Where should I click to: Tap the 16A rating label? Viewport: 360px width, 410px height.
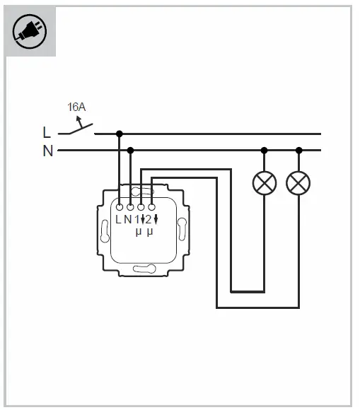pyautogui.click(x=76, y=107)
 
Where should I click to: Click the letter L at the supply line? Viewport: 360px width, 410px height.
pyautogui.click(x=47, y=132)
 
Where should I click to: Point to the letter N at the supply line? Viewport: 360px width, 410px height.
pyautogui.click(x=47, y=151)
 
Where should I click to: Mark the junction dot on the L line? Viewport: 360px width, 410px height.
pyautogui.click(x=119, y=133)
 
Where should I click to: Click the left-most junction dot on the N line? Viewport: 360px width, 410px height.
pyautogui.click(x=130, y=150)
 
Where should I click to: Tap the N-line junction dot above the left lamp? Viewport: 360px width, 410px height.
pyautogui.click(x=265, y=150)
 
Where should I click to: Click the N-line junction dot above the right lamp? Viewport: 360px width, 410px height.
pyautogui.click(x=298, y=150)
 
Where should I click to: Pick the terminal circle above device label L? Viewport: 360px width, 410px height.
pyautogui.click(x=120, y=207)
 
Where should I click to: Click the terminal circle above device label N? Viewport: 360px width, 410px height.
pyautogui.click(x=130, y=207)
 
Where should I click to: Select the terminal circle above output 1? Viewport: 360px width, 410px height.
pyautogui.click(x=141, y=207)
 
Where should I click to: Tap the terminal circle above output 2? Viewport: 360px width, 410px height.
pyautogui.click(x=151, y=207)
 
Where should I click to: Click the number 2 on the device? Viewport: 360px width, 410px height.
pyautogui.click(x=148, y=219)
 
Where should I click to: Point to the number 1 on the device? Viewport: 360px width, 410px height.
pyautogui.click(x=137, y=219)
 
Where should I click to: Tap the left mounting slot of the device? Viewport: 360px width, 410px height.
pyautogui.click(x=105, y=230)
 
